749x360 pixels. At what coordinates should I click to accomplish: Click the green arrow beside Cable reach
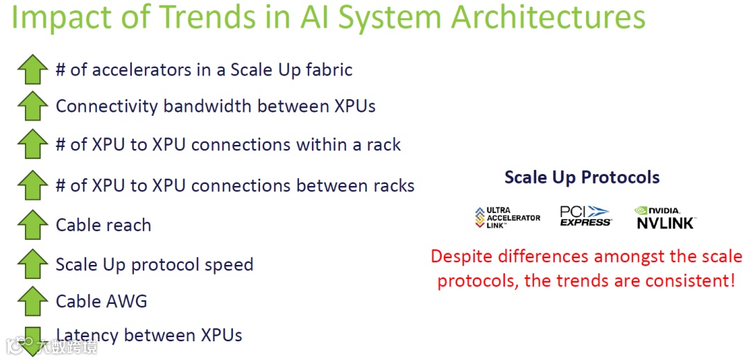33,225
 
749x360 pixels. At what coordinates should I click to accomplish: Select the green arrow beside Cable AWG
33,302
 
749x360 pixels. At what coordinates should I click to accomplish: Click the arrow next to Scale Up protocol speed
33,264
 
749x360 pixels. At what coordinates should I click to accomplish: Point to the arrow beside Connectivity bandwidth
33,107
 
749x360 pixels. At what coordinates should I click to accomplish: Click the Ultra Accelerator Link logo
508,217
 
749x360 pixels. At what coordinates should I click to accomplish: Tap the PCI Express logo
585,216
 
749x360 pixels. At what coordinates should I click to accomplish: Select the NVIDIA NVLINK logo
665,217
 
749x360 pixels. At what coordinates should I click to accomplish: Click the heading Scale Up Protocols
582,178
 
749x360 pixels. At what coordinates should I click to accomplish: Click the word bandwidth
207,107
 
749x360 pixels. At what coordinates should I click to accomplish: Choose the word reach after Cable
128,225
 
